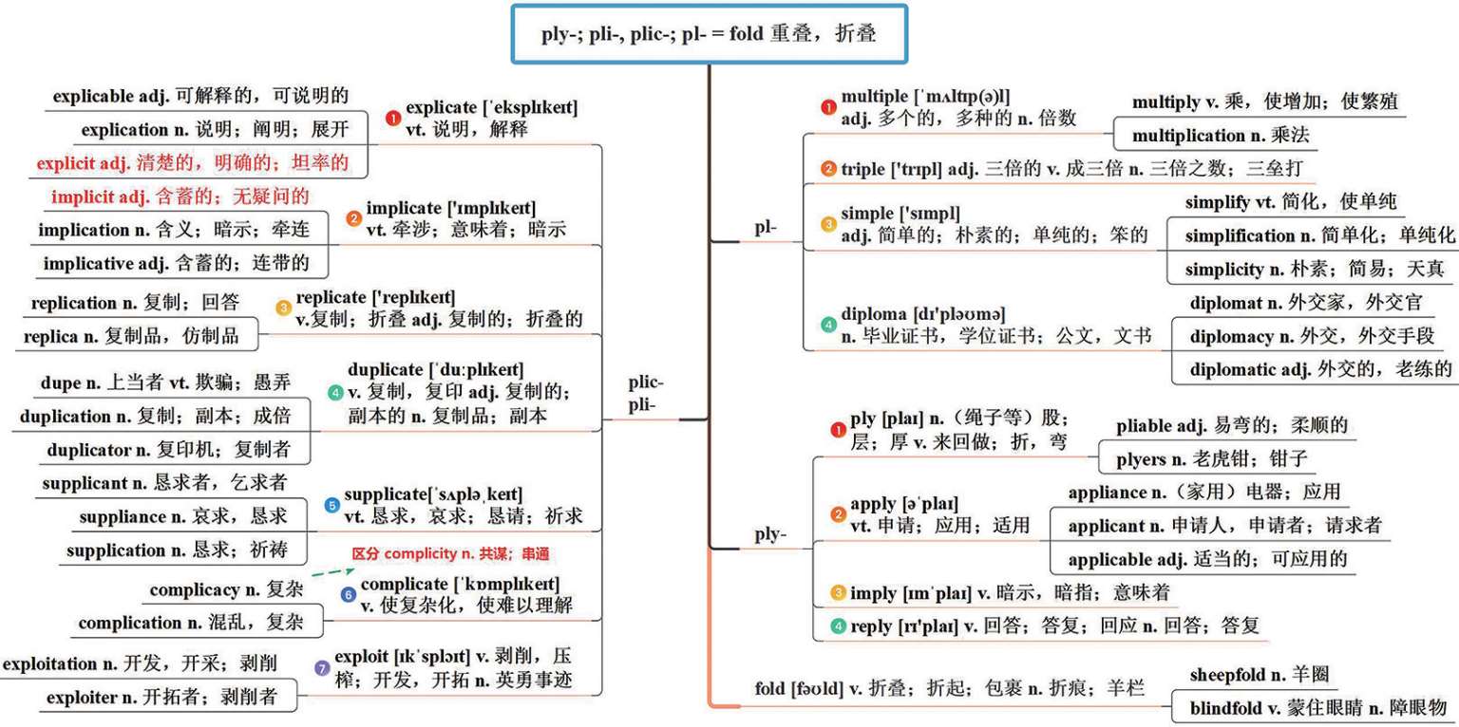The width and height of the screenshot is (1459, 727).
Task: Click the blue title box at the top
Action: point(709,34)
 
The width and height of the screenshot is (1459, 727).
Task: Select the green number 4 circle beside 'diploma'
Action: point(828,325)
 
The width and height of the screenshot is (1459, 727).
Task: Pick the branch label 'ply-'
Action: point(770,534)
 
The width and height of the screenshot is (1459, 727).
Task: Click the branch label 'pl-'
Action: point(765,228)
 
